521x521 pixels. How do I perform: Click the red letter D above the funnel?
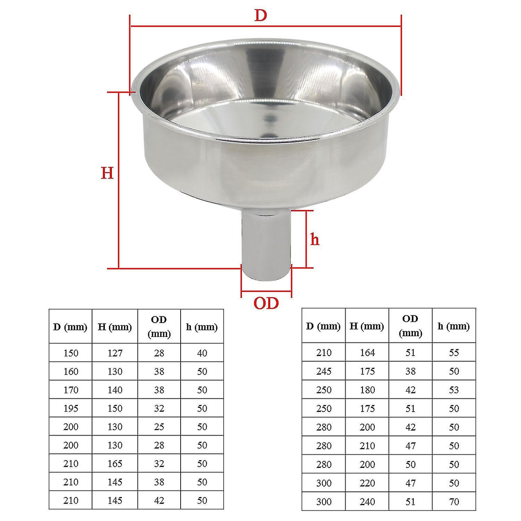tap(260, 16)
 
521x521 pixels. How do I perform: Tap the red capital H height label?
tap(107, 173)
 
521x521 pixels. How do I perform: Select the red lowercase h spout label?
tap(315, 240)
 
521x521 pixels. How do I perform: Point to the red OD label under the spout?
tap(266, 303)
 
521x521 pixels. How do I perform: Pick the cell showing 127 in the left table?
tap(115, 353)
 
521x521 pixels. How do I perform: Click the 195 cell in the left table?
tap(71, 408)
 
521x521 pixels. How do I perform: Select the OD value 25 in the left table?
tap(159, 427)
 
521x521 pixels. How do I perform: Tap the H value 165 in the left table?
tap(115, 463)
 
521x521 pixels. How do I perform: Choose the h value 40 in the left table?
tap(202, 353)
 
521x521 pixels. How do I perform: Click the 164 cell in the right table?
tap(367, 353)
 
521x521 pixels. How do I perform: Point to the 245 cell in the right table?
tap(324, 371)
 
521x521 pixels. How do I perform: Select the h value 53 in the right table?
tap(454, 390)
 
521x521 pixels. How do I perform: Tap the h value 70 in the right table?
tap(454, 502)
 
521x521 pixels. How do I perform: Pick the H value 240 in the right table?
tap(367, 502)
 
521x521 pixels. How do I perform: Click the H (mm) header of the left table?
tap(115, 327)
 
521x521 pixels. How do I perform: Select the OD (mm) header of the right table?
tap(410, 326)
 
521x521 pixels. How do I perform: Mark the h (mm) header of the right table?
tap(454, 326)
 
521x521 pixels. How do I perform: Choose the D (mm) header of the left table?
tap(71, 327)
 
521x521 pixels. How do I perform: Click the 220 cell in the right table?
tap(367, 483)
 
